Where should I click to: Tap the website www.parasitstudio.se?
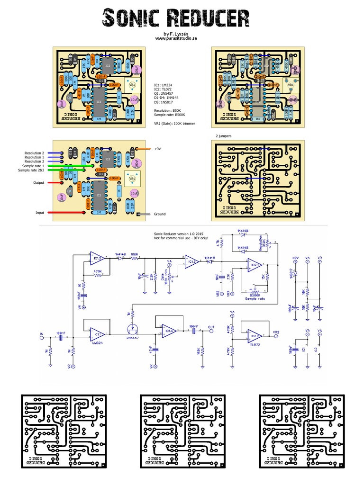pyautogui.click(x=176, y=39)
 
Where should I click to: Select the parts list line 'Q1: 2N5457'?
pyautogui.click(x=166, y=93)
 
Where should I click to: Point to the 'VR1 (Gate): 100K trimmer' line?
pyautogui.click(x=174, y=124)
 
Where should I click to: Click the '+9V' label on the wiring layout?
pyautogui.click(x=158, y=149)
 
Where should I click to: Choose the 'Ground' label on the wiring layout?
pyautogui.click(x=160, y=214)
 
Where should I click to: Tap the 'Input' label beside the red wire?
pyautogui.click(x=40, y=213)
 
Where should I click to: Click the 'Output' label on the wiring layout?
pyautogui.click(x=39, y=182)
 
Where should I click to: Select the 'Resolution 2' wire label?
pyautogui.click(x=34, y=153)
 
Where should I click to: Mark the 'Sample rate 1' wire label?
pyautogui.click(x=33, y=166)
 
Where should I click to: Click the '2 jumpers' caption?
pyautogui.click(x=224, y=136)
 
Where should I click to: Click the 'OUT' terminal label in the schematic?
pyautogui.click(x=211, y=327)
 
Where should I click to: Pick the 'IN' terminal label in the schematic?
pyautogui.click(x=41, y=335)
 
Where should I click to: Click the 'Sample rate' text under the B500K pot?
pyautogui.click(x=255, y=299)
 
